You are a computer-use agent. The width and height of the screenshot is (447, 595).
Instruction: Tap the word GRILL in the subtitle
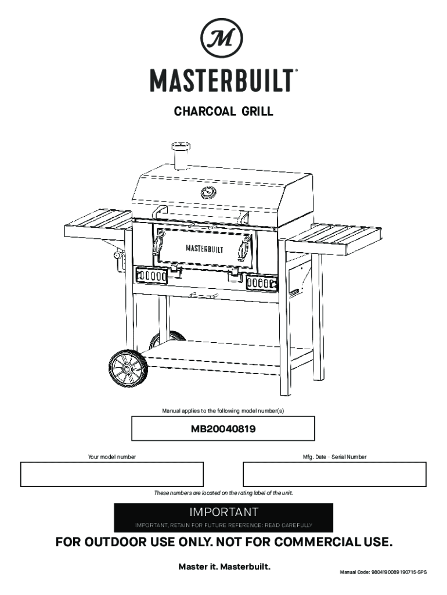253,112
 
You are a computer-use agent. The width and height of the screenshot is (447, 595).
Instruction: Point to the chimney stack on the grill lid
181,155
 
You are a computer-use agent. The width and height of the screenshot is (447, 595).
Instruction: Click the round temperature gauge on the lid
208,192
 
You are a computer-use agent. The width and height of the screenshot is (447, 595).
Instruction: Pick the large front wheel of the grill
126,368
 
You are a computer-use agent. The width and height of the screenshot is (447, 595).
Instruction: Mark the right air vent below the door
262,284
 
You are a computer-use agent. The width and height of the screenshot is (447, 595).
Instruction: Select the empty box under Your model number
112,474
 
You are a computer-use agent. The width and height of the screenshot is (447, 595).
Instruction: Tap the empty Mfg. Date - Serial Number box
334,474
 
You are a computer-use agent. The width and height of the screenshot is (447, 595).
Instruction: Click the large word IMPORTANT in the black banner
223,512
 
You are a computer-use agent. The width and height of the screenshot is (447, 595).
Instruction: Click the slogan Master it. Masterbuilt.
223,566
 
